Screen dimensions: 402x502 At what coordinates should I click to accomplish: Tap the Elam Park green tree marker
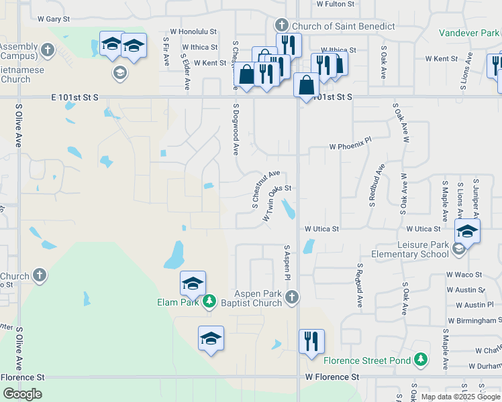pos(210,301)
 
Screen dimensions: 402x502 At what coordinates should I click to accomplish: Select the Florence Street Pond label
pos(367,360)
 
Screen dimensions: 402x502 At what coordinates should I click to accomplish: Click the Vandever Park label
pos(469,32)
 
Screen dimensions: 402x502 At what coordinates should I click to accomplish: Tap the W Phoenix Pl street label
pos(350,146)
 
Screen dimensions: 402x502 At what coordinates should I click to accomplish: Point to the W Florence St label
pos(332,377)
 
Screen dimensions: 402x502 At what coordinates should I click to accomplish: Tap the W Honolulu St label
pos(193,31)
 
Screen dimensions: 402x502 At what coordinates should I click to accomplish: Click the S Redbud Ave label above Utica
pos(375,184)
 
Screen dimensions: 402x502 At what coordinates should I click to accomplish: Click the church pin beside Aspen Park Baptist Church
pos(291,298)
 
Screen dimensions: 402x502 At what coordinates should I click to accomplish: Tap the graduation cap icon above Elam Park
pos(193,283)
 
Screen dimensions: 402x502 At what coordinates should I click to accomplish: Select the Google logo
pos(22,394)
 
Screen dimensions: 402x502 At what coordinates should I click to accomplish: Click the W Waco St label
pos(464,275)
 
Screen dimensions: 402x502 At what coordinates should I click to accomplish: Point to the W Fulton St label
pos(335,4)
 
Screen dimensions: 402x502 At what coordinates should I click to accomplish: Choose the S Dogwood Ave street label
pos(236,129)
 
